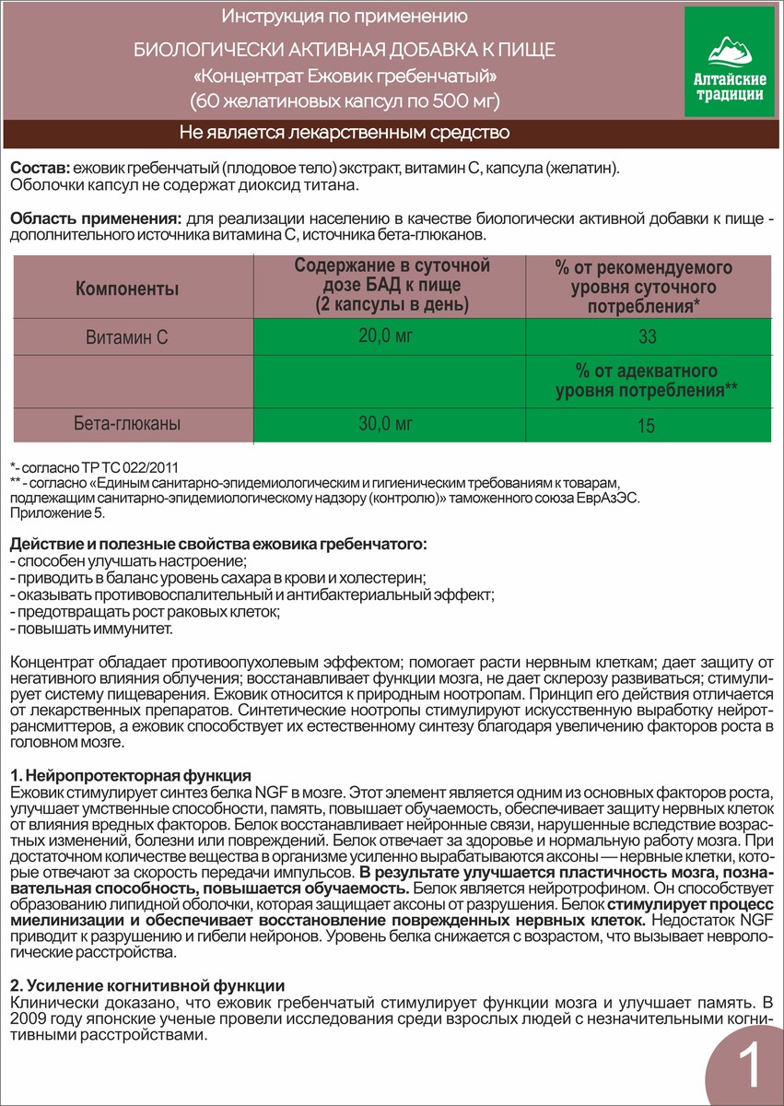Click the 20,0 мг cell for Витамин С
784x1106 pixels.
click(x=386, y=336)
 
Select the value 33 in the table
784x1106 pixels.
click(x=648, y=337)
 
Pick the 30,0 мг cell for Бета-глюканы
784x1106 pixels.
click(x=386, y=424)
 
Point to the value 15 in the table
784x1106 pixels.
click(x=648, y=426)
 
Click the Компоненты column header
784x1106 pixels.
click(x=127, y=289)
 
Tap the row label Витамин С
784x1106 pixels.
click(x=127, y=337)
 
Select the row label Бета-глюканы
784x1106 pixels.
click(x=127, y=425)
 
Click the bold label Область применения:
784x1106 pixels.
click(x=94, y=219)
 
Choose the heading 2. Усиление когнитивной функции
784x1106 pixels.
click(x=146, y=986)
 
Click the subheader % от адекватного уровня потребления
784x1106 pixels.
click(x=647, y=381)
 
